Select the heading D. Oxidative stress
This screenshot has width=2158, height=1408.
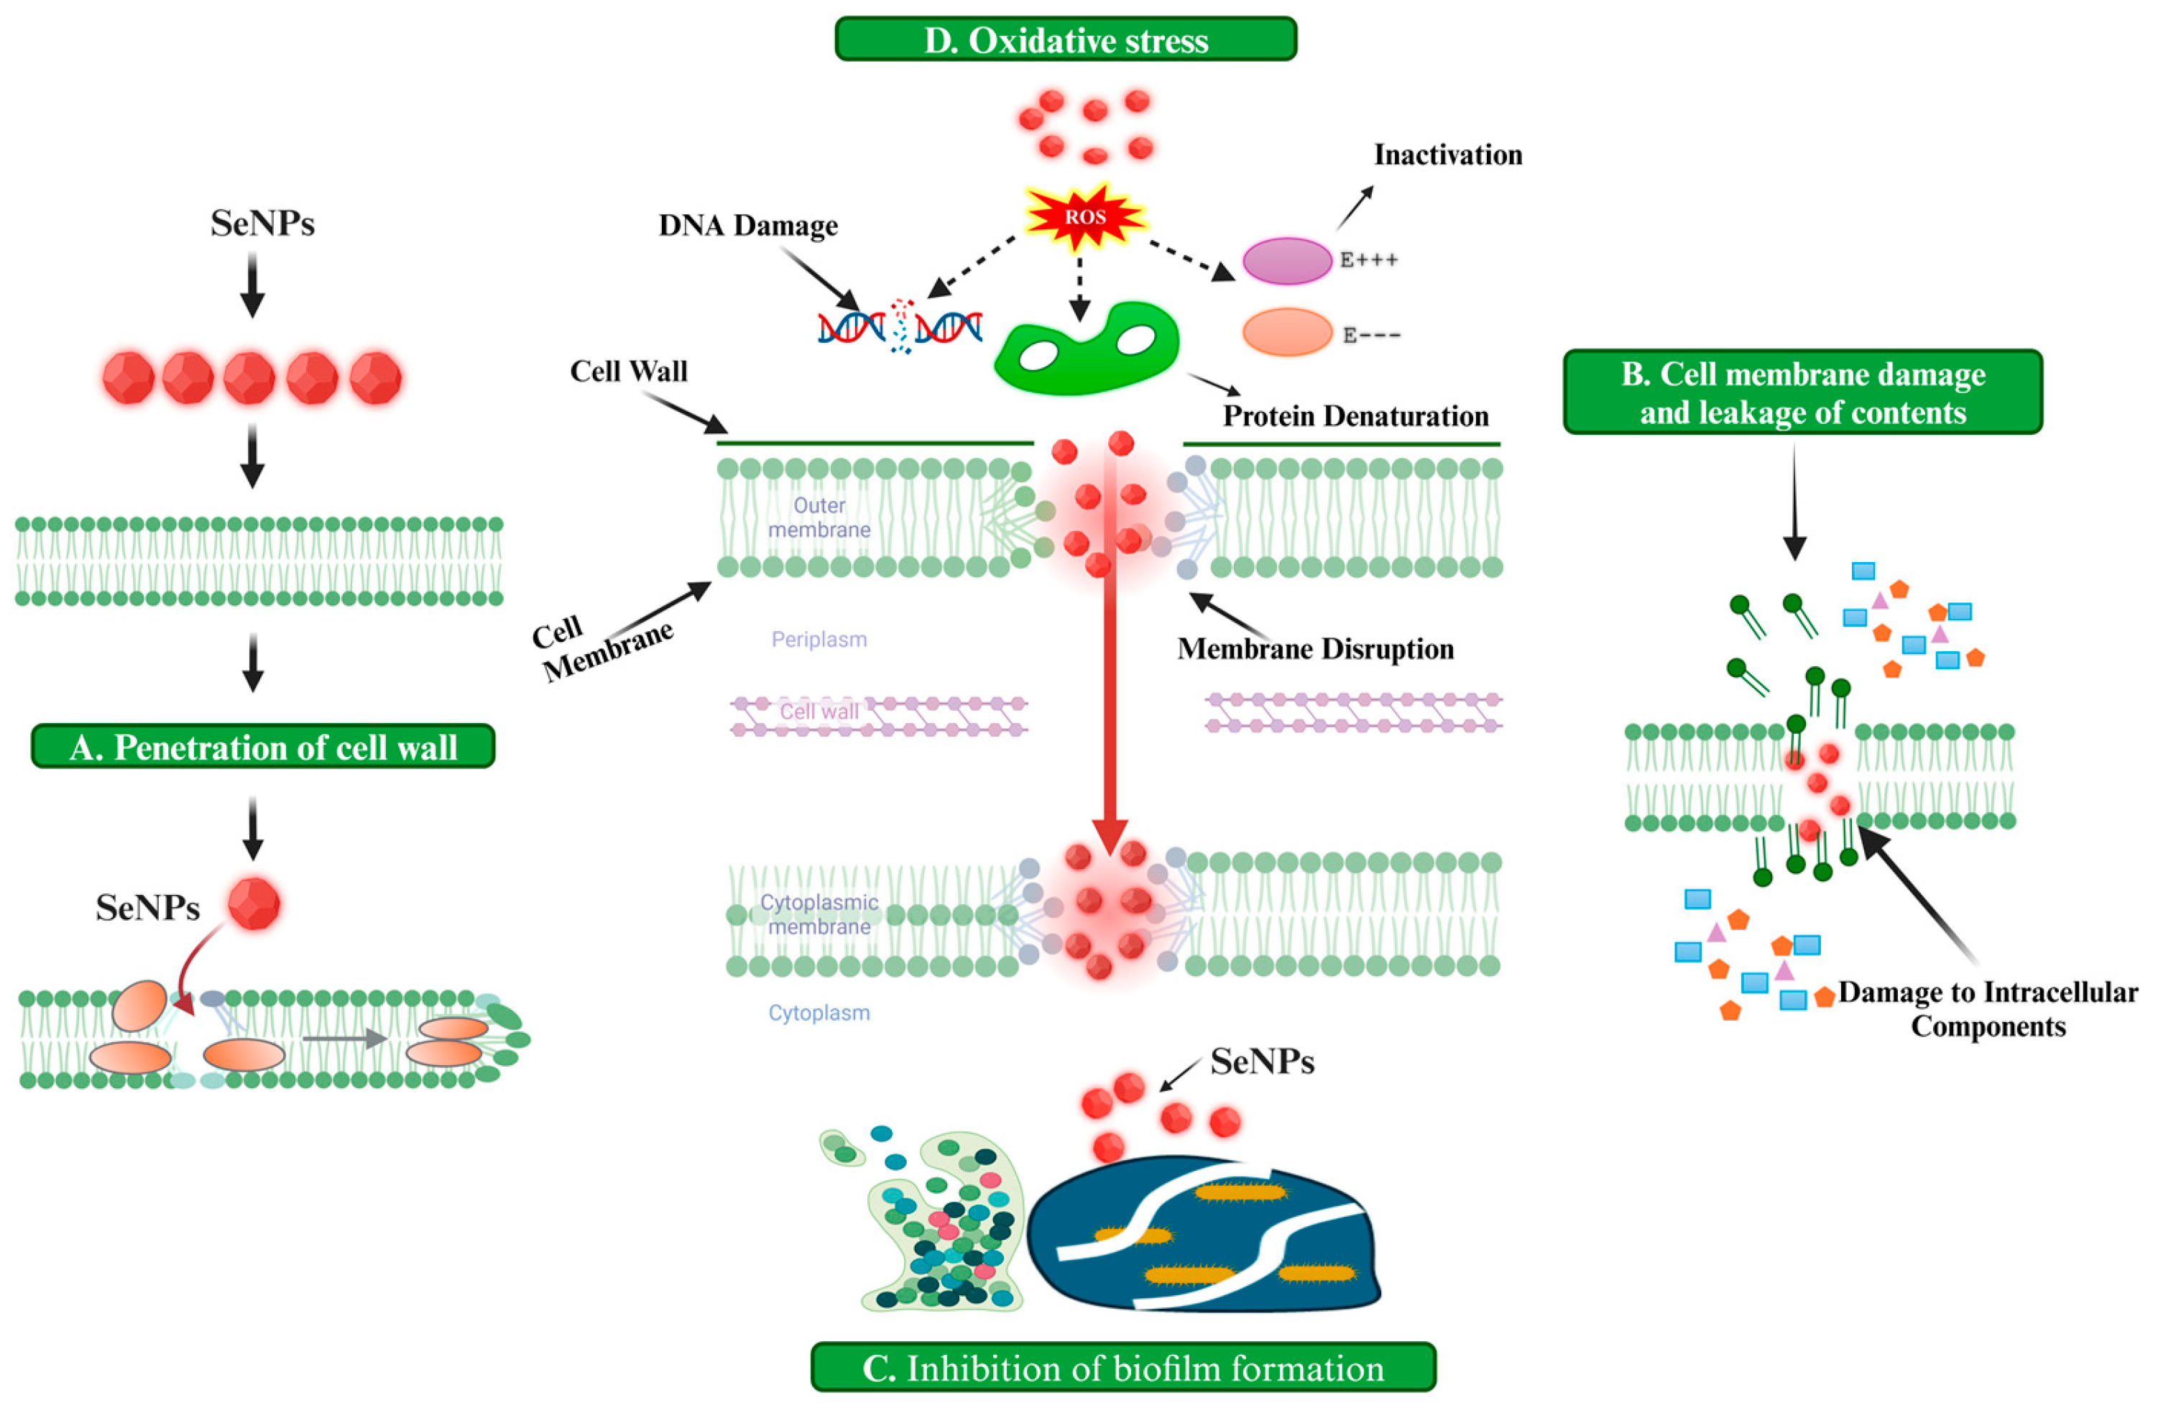click(x=1066, y=40)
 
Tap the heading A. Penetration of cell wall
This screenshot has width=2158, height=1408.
click(x=263, y=747)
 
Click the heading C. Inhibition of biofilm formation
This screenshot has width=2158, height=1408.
click(x=1122, y=1368)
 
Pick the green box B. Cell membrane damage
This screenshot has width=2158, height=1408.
click(x=1802, y=392)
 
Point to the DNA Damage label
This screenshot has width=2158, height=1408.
click(x=748, y=225)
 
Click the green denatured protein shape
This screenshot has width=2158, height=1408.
click(x=1087, y=349)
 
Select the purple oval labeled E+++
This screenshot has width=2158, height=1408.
click(x=1286, y=261)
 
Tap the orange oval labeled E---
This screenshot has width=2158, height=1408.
click(x=1286, y=332)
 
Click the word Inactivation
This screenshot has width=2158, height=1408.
click(x=1448, y=155)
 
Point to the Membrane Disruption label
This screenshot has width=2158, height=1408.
click(x=1315, y=649)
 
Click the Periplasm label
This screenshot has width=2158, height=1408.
click(x=819, y=639)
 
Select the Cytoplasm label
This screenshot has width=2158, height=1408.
click(x=819, y=1013)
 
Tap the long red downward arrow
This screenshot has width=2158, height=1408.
click(x=1109, y=689)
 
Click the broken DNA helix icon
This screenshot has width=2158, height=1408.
click(x=900, y=327)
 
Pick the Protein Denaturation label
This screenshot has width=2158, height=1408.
click(x=1355, y=416)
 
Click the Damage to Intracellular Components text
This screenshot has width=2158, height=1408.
click(x=1988, y=1009)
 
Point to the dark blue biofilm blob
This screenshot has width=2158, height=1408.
click(x=1206, y=1233)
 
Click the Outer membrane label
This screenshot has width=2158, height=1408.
click(x=819, y=517)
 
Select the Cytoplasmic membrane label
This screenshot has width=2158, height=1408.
click(x=819, y=914)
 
